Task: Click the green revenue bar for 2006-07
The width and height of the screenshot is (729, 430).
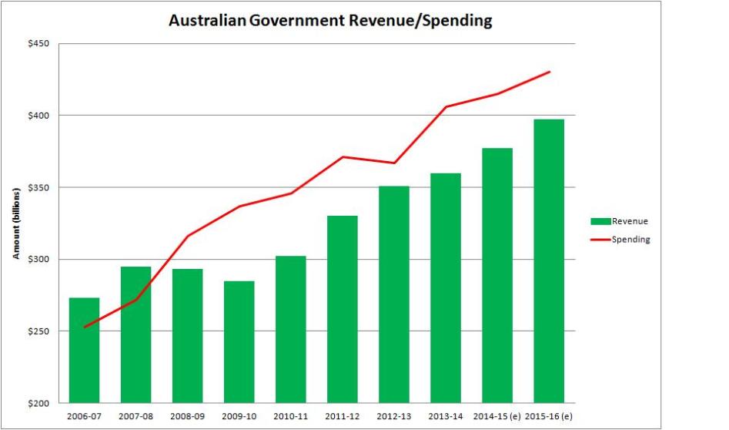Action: [85, 351]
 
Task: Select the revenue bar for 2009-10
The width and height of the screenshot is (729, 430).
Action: [239, 342]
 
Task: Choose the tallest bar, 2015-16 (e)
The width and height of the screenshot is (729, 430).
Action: [549, 261]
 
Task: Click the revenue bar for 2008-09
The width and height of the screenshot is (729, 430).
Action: [188, 336]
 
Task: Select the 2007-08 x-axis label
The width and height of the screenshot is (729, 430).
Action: [135, 416]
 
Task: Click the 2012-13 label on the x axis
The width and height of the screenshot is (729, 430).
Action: [393, 416]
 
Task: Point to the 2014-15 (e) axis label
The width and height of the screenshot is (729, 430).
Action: [497, 416]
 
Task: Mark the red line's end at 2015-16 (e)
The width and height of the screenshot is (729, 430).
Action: [550, 72]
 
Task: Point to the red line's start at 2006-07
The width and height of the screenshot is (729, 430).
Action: [85, 327]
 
